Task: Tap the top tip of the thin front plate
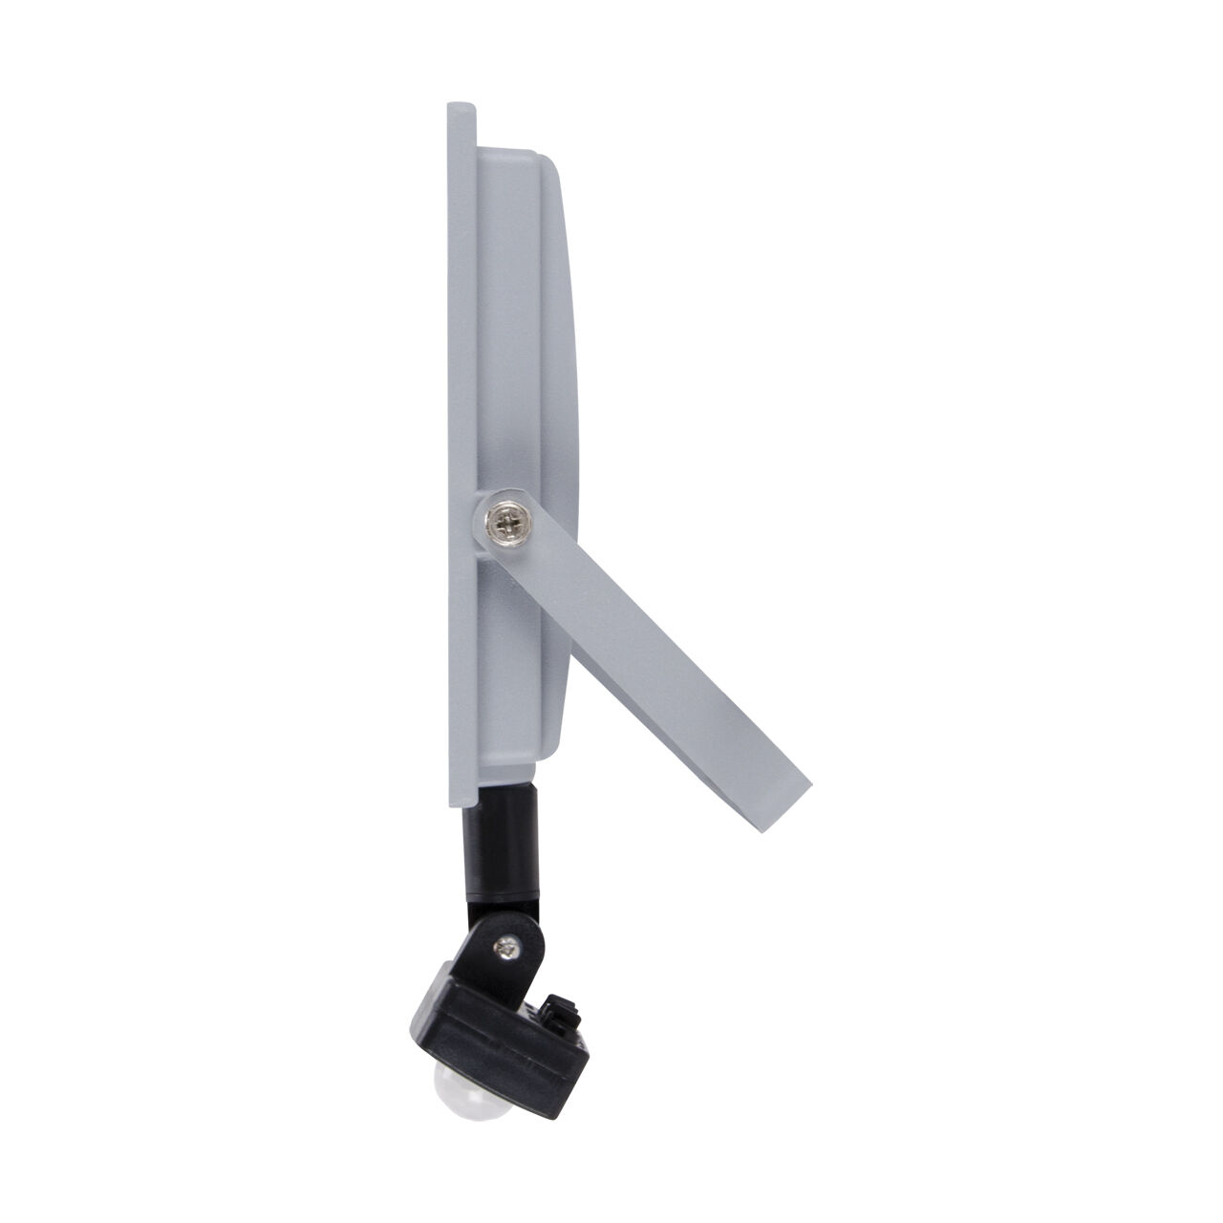click(459, 101)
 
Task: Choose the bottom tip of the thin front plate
click(460, 821)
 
